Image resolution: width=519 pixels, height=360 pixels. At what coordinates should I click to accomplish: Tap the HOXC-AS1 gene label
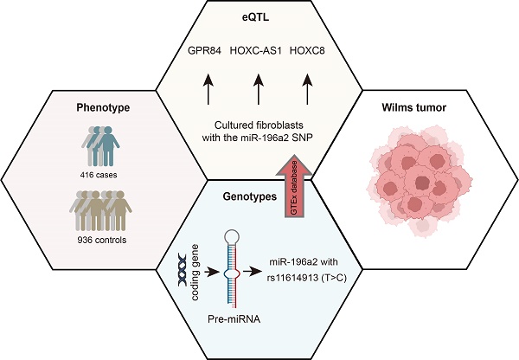(257, 49)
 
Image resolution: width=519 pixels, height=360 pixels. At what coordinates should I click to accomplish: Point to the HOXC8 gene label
(310, 49)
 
